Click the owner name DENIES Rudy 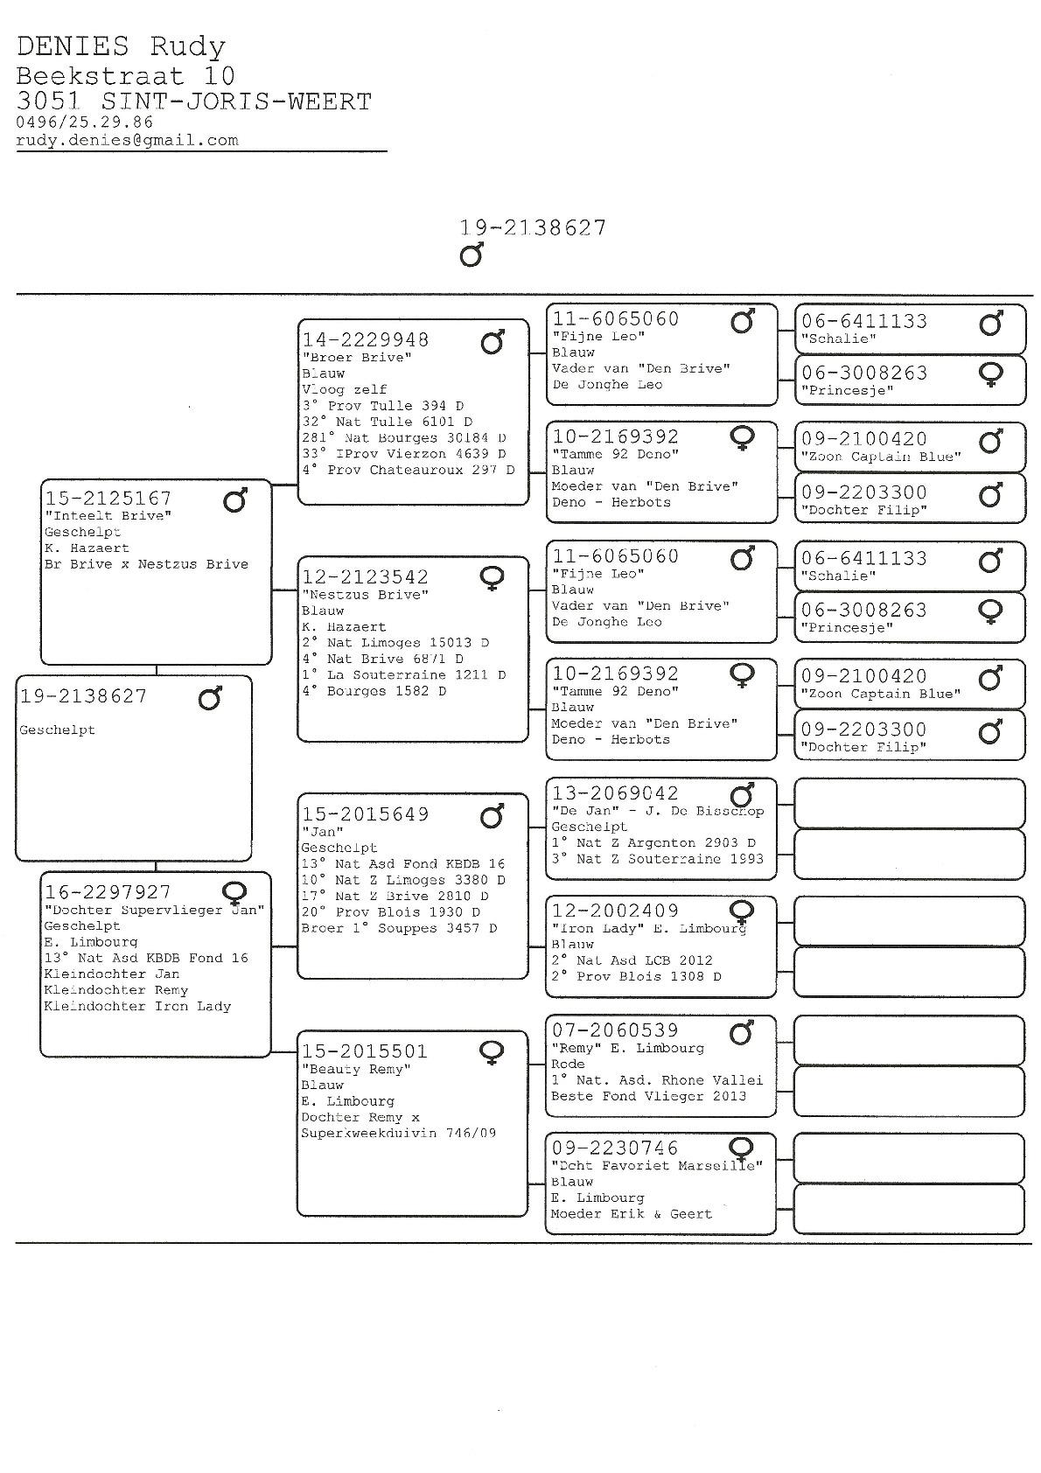click(121, 46)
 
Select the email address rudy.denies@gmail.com click(127, 140)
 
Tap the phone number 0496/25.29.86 click(84, 122)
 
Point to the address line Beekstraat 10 click(126, 76)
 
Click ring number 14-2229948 click(366, 339)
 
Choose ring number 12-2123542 click(366, 576)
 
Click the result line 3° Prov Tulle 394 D click(383, 406)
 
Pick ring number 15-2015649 click(366, 814)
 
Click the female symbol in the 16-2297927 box click(234, 893)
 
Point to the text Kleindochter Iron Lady click(137, 1007)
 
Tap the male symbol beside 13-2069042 click(742, 795)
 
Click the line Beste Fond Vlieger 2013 click(648, 1096)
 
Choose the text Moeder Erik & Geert click(631, 1214)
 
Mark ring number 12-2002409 click(615, 911)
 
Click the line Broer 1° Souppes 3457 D click(399, 928)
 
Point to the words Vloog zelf click(344, 389)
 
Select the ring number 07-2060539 click(615, 1030)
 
